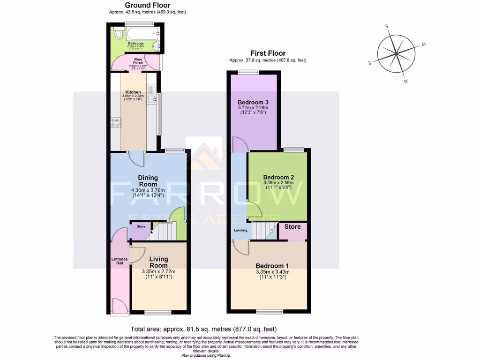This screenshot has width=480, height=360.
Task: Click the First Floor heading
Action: tap(268, 53)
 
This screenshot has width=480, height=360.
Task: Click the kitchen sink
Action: tap(152, 99)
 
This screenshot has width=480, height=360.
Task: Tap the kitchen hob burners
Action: tap(116, 123)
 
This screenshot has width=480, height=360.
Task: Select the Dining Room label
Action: tap(148, 181)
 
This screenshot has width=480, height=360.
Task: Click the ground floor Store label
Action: tap(141, 227)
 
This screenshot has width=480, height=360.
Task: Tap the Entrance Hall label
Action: tap(120, 261)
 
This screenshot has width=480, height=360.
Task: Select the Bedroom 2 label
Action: tap(279, 177)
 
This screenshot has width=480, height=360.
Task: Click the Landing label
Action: tap(241, 230)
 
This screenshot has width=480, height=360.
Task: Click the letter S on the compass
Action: tap(387, 27)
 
